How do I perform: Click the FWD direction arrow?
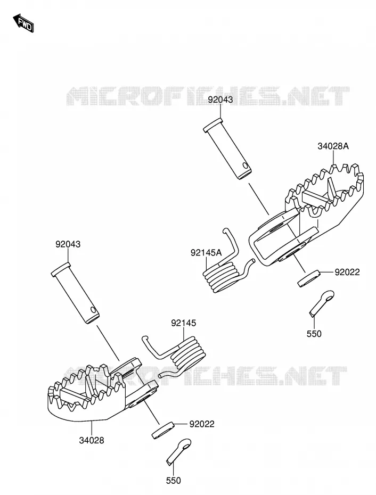tap(23, 23)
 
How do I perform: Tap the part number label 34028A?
tap(333, 146)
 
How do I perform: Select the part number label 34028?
tap(91, 440)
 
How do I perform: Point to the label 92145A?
tap(206, 252)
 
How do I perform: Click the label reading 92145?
tap(184, 323)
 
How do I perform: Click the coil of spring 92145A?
tap(221, 276)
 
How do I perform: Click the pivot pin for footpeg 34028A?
tap(227, 148)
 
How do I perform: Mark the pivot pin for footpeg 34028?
tap(75, 293)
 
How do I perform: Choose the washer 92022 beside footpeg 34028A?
tap(309, 278)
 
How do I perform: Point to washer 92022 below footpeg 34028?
tap(163, 430)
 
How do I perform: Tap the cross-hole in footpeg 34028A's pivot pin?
tap(245, 166)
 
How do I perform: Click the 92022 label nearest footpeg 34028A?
tap(347, 272)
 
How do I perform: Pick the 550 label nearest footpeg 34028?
tap(174, 480)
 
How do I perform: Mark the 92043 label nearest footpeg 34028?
tap(68, 244)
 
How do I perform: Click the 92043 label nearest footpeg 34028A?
tap(220, 100)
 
